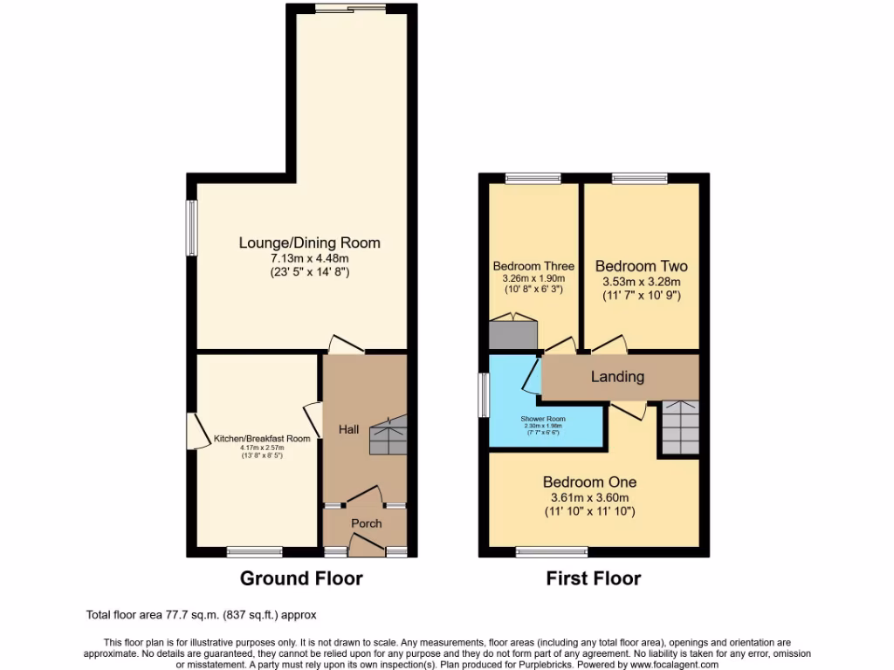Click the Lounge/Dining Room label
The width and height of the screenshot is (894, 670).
[x=310, y=243]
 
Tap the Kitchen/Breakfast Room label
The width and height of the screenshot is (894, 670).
[x=262, y=439]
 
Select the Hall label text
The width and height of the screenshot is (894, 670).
[x=349, y=429]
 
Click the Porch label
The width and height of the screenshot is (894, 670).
[x=366, y=523]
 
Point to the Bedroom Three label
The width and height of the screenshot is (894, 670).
[x=533, y=266]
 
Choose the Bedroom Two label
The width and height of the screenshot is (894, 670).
[x=641, y=266]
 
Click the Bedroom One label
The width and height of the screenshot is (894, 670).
[x=589, y=482]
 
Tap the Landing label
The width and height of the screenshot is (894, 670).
[x=617, y=377]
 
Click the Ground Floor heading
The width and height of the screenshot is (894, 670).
[x=301, y=578]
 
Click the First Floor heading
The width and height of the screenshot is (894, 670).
[x=594, y=578]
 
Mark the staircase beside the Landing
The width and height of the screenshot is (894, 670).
[x=679, y=427]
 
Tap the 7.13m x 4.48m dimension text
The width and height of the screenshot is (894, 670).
[x=310, y=258]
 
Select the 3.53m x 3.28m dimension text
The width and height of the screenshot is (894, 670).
[x=641, y=282]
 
